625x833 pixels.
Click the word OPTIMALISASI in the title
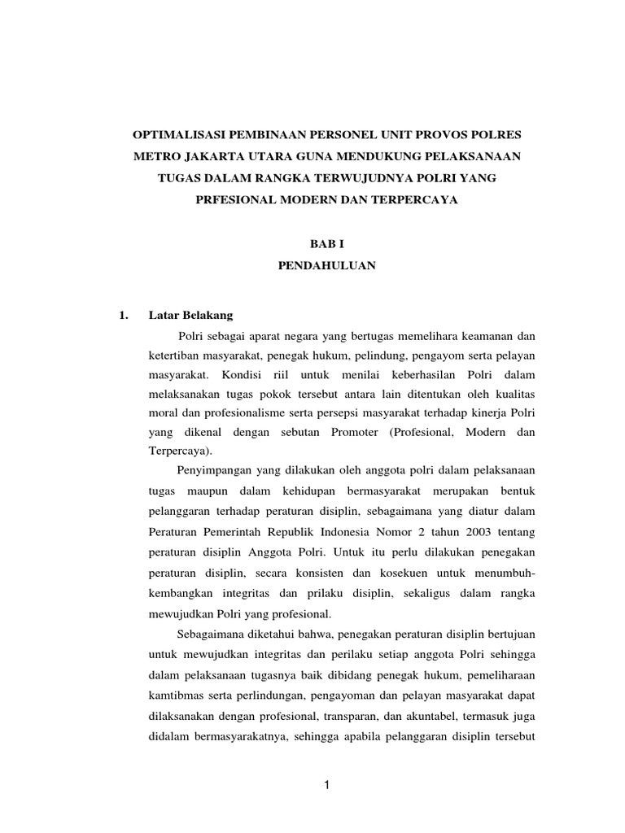point(175,132)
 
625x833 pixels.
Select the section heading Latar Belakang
point(190,313)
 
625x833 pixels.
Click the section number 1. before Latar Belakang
point(124,313)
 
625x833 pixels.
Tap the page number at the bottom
point(325,785)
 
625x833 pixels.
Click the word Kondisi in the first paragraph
point(240,376)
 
